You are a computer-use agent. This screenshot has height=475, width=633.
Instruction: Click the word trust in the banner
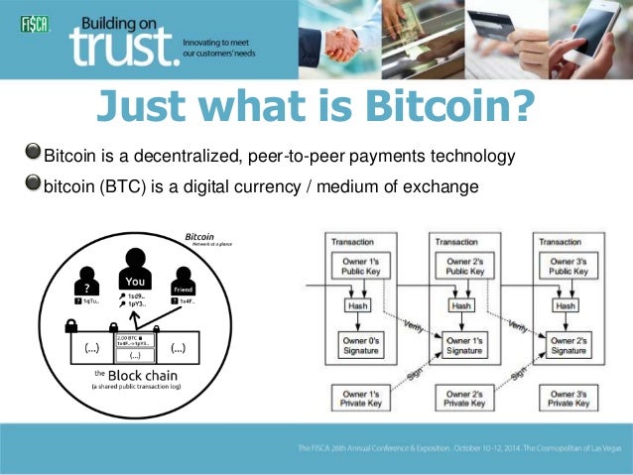coord(122,47)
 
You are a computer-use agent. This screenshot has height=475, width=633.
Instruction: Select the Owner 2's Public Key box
coord(462,266)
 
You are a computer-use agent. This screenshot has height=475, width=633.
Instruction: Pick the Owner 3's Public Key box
coord(569,266)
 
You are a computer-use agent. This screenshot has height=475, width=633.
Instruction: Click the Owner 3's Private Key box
coord(569,398)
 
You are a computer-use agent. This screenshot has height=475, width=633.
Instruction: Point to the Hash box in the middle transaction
coord(462,306)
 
